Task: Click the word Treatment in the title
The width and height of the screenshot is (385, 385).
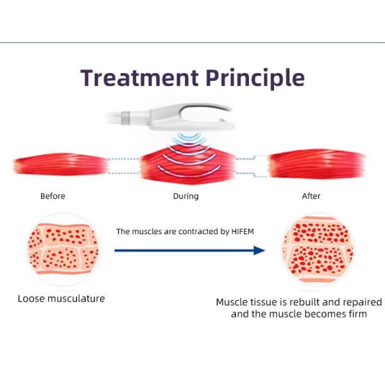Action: (139, 78)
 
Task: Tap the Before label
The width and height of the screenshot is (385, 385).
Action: (53, 196)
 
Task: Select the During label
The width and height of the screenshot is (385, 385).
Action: (185, 196)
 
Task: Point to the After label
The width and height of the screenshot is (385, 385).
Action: (311, 196)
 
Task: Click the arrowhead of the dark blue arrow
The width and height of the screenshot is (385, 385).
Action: (259, 250)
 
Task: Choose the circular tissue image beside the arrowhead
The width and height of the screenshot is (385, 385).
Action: (318, 250)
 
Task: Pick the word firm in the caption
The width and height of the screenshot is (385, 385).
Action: (355, 314)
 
